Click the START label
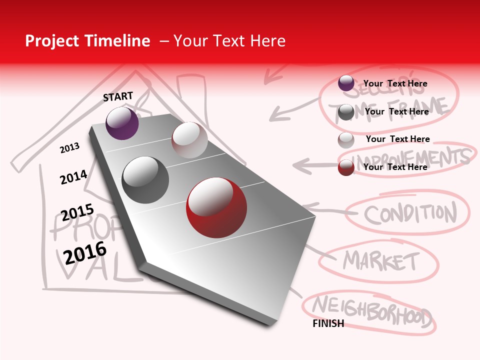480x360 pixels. (x=118, y=96)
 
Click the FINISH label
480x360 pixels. (x=328, y=323)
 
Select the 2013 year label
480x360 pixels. (x=69, y=148)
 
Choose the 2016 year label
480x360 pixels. (x=85, y=252)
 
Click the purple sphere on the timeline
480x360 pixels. (x=122, y=123)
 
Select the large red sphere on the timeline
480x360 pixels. (x=216, y=208)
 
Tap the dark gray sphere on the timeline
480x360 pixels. (x=145, y=180)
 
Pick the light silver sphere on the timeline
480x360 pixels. (x=189, y=140)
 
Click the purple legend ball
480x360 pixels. (x=346, y=83)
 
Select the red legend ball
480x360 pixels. (x=346, y=167)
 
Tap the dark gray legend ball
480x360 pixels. (x=346, y=112)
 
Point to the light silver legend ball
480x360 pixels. (x=346, y=140)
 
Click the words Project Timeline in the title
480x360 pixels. (x=87, y=41)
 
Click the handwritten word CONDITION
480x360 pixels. (x=410, y=213)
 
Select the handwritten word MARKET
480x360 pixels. (x=381, y=260)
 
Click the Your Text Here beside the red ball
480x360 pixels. (x=395, y=167)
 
